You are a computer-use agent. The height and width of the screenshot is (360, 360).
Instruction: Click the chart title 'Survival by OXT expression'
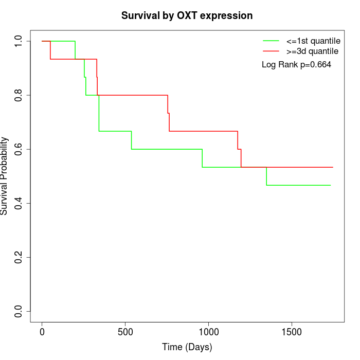click(x=187, y=16)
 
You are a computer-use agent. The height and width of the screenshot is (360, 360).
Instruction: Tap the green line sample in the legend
click(x=271, y=40)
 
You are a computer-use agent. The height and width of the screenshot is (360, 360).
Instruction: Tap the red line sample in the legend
click(x=271, y=51)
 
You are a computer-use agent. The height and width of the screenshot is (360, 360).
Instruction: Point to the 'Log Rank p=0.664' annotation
click(x=296, y=65)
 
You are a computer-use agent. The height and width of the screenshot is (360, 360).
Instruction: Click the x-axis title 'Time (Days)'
click(x=187, y=347)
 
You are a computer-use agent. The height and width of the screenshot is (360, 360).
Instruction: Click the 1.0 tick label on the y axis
click(x=19, y=41)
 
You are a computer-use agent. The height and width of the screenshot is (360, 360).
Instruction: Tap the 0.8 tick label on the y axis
click(x=19, y=95)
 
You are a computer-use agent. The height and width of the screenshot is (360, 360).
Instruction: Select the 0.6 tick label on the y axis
click(x=19, y=149)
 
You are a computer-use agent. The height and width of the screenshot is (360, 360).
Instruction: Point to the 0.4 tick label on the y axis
click(x=19, y=203)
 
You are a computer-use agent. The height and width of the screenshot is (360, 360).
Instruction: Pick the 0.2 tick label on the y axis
click(x=19, y=257)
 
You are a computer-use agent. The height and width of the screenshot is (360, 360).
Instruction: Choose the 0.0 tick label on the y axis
click(x=19, y=311)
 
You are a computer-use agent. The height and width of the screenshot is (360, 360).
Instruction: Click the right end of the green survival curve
click(x=330, y=185)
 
